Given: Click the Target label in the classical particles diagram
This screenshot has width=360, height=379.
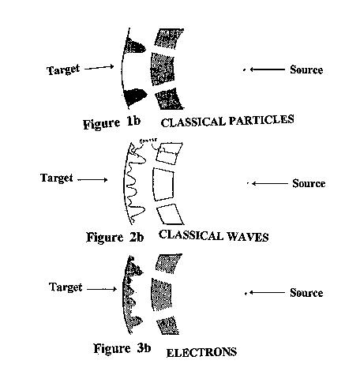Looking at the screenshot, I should pos(63,70).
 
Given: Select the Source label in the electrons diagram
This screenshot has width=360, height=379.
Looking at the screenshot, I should pos(306,293).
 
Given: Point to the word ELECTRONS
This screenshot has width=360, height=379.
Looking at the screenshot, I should pos(201,352).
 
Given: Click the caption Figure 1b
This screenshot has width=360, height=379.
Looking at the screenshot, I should pos(116,123).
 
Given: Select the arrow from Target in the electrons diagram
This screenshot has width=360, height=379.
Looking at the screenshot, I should pos(102,290).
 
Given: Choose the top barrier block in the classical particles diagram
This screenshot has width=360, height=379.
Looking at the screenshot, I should pos(169,39).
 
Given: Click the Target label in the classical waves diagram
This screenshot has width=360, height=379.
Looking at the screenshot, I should pos(56,178).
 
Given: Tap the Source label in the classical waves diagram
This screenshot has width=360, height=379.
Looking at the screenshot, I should pos(308,183).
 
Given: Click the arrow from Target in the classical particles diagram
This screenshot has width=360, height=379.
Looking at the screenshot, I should pos(101,68).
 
